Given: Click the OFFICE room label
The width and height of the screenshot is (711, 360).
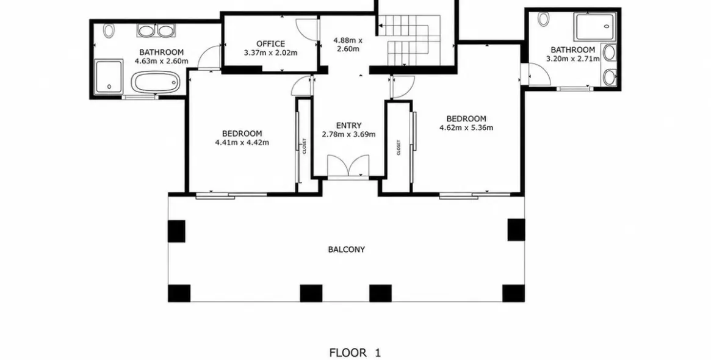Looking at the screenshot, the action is click(x=271, y=44).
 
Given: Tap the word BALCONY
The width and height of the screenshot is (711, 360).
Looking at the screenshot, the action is click(x=347, y=250).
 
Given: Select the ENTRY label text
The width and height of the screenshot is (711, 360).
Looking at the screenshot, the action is click(x=348, y=126).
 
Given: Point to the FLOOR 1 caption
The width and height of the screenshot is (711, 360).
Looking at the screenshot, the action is click(x=355, y=353).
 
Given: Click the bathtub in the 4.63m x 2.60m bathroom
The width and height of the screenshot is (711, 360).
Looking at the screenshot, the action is click(x=155, y=83).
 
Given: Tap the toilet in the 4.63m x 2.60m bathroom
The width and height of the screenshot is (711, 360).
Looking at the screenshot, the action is click(x=109, y=31).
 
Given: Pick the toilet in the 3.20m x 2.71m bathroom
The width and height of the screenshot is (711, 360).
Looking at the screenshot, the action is click(x=543, y=18).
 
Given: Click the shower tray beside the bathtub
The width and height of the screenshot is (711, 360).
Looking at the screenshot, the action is click(x=109, y=75).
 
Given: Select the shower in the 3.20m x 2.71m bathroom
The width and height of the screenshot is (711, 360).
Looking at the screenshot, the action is click(x=595, y=26).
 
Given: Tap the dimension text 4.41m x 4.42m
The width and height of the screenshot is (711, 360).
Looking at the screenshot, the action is click(x=242, y=143).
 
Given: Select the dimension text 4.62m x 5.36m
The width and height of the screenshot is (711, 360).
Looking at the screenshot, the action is click(x=466, y=128).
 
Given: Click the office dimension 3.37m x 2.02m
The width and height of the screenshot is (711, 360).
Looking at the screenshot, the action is click(x=271, y=52).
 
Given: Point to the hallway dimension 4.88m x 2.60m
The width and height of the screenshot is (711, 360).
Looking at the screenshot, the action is click(x=348, y=45).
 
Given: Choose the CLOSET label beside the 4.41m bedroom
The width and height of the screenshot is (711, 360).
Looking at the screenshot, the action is click(x=305, y=146).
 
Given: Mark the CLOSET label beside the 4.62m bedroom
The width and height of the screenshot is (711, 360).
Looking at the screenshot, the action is click(x=399, y=147).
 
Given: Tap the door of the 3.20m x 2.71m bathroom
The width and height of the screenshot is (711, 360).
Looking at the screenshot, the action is click(x=536, y=74).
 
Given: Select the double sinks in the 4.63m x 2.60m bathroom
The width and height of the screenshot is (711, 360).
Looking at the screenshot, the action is click(x=156, y=31).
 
